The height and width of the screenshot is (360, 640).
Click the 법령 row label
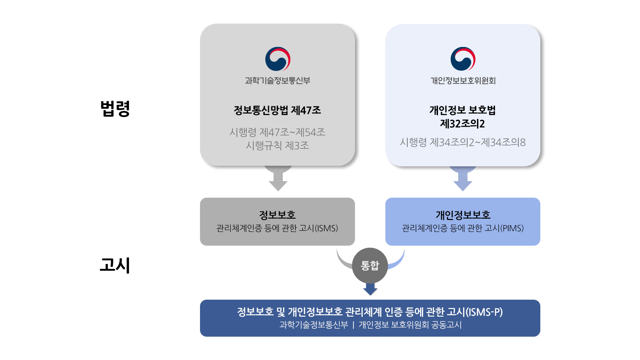115,108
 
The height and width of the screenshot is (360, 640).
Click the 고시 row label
115,265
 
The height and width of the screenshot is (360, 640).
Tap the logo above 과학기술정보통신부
278,59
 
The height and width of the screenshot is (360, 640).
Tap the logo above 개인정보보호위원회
463,59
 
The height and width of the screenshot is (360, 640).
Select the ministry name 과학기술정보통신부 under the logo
278,81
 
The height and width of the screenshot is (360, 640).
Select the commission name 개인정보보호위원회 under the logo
463,81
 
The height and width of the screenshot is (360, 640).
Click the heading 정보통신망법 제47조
277,110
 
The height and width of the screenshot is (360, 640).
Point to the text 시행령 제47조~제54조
277,132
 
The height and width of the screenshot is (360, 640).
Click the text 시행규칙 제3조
277,146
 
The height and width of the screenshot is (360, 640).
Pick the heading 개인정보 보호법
463,110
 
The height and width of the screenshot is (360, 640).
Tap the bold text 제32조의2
463,124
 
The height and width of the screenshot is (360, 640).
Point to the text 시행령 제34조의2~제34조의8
463,143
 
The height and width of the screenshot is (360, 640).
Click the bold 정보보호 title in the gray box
277,215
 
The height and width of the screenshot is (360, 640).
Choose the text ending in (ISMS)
277,228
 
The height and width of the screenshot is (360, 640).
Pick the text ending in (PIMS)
463,228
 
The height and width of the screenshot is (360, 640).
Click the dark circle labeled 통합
370,266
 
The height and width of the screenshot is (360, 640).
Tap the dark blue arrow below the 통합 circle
370,289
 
